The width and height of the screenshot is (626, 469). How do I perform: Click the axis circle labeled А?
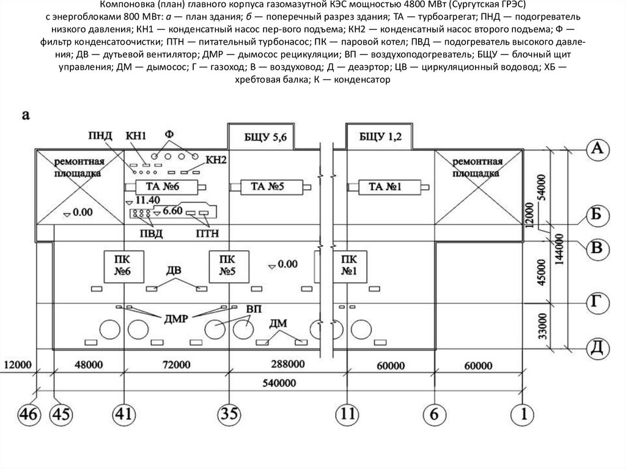[x=597, y=149]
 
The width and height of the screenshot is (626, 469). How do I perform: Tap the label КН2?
[x=218, y=160]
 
